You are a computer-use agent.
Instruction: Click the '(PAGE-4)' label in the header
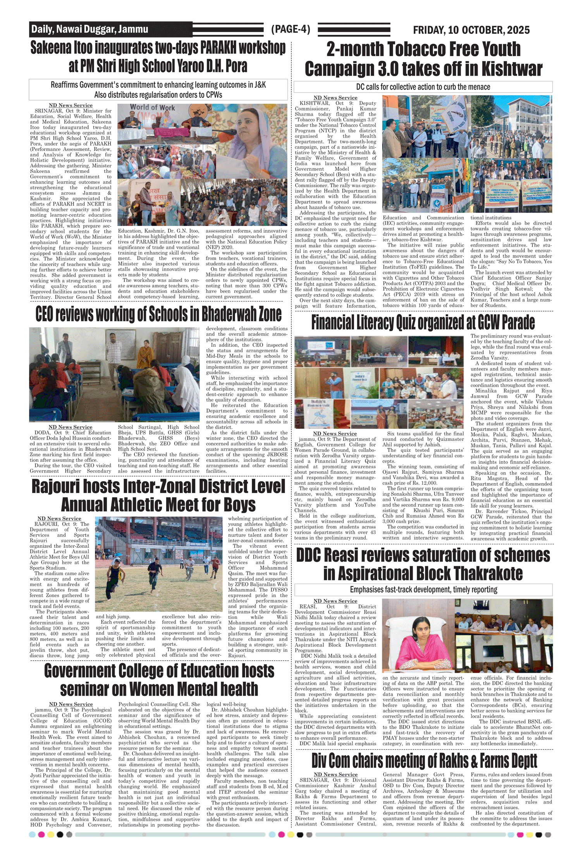coord(290,29)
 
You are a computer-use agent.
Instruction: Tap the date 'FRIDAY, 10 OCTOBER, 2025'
coord(471,30)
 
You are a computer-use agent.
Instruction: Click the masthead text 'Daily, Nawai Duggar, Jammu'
coord(89,29)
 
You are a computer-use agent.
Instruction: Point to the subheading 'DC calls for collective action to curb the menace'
coord(423,87)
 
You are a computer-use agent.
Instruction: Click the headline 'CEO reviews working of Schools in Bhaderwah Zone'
coord(158,314)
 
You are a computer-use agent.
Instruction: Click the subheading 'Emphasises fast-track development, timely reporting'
coord(423,590)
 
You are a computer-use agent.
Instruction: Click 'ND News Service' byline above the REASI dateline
coord(335,601)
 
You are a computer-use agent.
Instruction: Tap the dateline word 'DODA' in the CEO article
coord(42,433)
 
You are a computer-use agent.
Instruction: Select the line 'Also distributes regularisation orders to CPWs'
coord(158,95)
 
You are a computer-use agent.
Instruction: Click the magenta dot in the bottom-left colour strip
coord(41,835)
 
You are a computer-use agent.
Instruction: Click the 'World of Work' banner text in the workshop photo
coord(152,107)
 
